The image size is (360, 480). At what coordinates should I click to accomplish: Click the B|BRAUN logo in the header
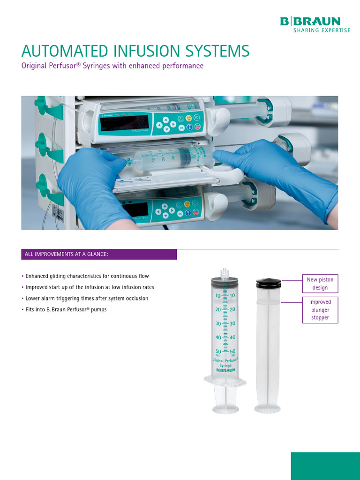pyautogui.click(x=310, y=21)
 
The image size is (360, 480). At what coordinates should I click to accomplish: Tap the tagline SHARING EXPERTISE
pyautogui.click(x=322, y=30)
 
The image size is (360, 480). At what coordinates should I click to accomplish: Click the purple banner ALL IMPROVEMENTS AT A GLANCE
pyautogui.click(x=99, y=255)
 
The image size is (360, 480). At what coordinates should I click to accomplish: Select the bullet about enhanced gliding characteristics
pyautogui.click(x=87, y=276)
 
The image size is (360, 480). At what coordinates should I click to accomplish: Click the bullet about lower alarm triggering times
pyautogui.click(x=86, y=299)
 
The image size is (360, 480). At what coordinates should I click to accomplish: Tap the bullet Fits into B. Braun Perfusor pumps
pyautogui.click(x=66, y=310)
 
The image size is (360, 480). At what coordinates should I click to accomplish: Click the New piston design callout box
pyautogui.click(x=320, y=284)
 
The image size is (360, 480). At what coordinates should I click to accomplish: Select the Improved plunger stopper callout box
pyautogui.click(x=320, y=310)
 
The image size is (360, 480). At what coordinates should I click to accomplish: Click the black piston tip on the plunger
pyautogui.click(x=268, y=283)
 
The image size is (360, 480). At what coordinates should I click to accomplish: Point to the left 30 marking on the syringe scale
pyautogui.click(x=218, y=324)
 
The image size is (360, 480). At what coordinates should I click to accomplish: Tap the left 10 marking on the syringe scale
pyautogui.click(x=218, y=296)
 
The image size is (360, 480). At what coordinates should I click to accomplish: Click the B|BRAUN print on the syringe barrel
pyautogui.click(x=225, y=370)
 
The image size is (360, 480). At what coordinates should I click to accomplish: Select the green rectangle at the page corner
pyautogui.click(x=325, y=466)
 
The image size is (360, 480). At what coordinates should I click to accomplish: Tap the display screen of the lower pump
pyautogui.click(x=135, y=209)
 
